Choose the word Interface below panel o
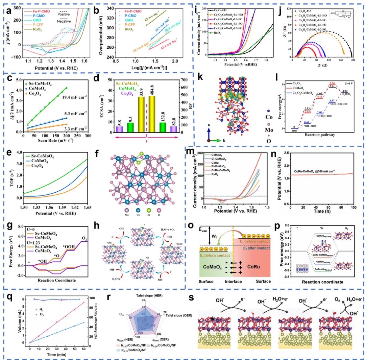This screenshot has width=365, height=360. point(234,281)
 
